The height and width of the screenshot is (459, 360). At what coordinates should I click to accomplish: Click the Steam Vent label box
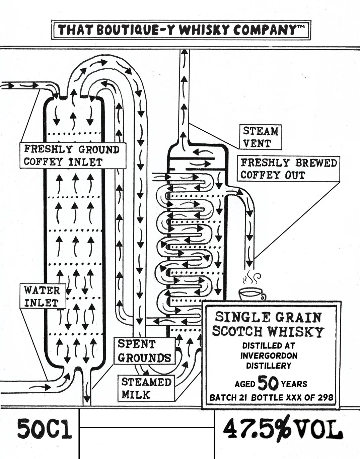click(261, 137)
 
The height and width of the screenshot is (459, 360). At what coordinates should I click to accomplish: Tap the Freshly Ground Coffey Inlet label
click(72, 155)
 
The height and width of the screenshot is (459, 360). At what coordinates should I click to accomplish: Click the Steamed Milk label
click(146, 388)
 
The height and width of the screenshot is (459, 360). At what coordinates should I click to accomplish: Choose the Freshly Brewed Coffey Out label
click(288, 169)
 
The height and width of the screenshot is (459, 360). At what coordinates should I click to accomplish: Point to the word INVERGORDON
click(269, 355)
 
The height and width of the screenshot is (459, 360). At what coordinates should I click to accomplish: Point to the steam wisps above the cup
click(251, 278)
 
